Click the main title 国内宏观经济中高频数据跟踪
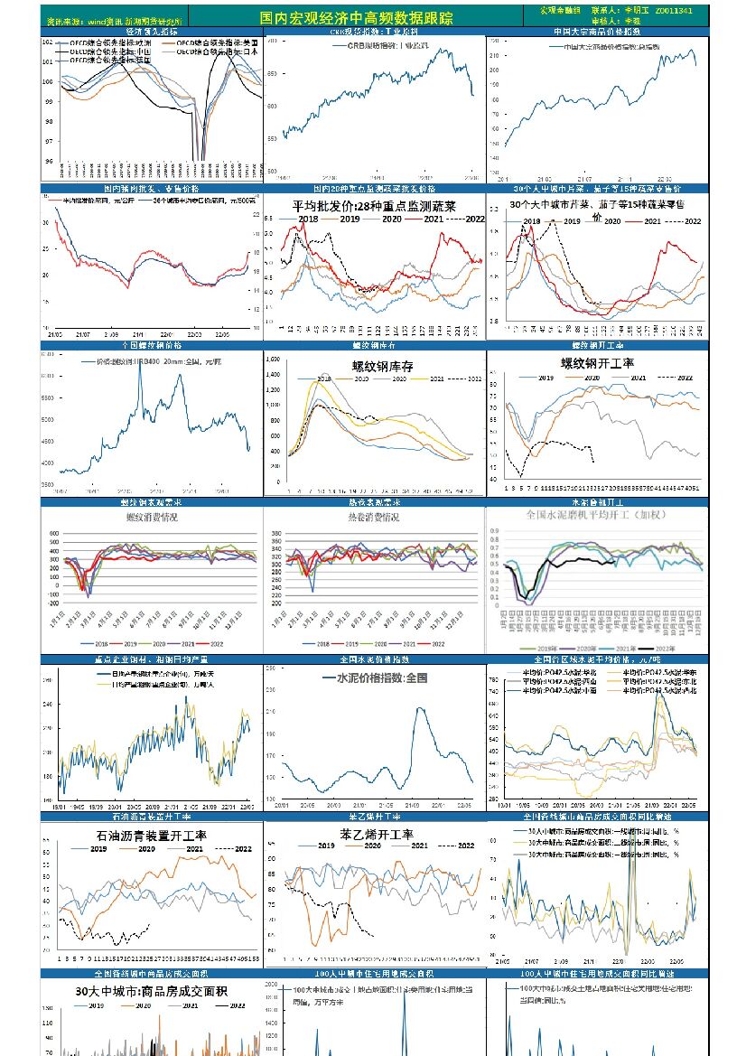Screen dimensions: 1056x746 pos(356,18)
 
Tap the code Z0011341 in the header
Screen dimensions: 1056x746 pos(674,11)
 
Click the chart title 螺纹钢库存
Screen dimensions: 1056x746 pos(383,367)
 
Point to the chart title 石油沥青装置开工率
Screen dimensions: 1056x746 pos(151,836)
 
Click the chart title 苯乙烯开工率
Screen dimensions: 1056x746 pos(377,835)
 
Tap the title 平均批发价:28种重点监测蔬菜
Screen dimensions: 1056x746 pos(374,207)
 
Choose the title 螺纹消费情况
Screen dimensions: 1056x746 pos(151,518)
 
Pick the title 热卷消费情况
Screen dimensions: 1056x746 pos(374,518)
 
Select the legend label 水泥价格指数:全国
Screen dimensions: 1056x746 pos(381,677)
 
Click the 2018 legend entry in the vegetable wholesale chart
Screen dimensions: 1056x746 pos(308,220)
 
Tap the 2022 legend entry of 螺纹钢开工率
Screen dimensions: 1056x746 pos(684,377)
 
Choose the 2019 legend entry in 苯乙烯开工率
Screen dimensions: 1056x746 pos(325,846)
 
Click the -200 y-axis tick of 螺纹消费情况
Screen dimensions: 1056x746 pos(53,604)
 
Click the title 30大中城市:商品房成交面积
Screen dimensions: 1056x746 pos(143,992)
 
